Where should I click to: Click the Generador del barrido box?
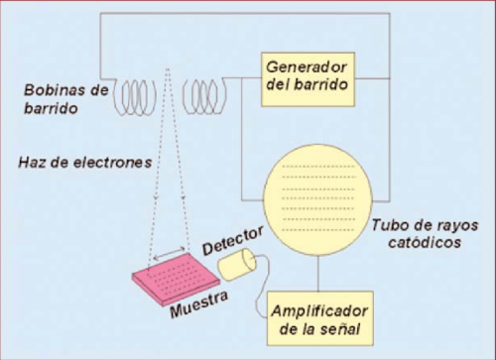pos(308,79)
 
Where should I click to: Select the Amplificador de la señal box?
pos(319,318)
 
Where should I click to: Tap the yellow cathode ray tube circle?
pos(318,200)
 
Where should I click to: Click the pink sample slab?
pos(176,280)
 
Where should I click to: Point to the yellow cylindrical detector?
pos(237,265)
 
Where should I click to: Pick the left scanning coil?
pos(135,97)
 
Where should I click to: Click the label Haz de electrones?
pos(85,163)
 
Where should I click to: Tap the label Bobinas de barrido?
pos(66,99)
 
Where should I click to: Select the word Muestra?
pos(199,304)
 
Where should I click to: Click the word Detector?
pos(233,240)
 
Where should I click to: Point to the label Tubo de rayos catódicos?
pos(425,234)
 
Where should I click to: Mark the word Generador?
pos(307,67)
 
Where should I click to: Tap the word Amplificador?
pos(319,311)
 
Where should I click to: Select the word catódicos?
pos(425,243)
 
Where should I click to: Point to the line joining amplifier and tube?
pos(318,274)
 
